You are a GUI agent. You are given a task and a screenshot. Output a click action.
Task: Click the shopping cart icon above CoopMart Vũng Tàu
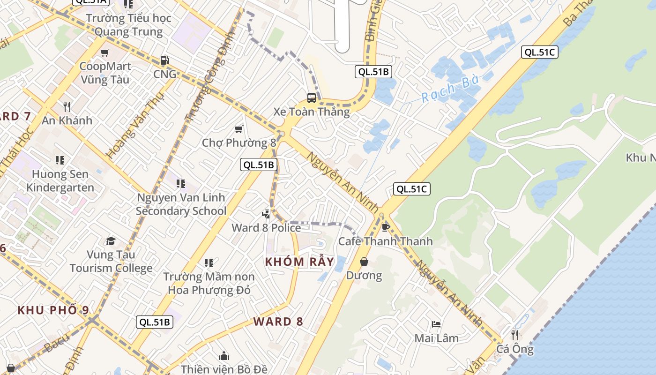[104, 52]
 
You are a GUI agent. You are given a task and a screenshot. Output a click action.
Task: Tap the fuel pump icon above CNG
[165, 60]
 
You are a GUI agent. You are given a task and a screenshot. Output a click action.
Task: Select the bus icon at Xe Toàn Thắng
[312, 98]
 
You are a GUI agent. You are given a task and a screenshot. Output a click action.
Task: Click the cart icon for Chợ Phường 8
[239, 129]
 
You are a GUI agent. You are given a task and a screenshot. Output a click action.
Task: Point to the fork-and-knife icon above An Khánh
[67, 107]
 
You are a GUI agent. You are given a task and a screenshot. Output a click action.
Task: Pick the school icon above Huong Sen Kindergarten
[60, 160]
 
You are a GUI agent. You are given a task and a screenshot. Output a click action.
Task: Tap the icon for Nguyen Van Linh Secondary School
[181, 183]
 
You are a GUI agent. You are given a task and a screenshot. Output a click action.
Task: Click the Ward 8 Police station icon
[266, 214]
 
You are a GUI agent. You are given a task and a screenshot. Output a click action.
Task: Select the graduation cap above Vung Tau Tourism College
[111, 241]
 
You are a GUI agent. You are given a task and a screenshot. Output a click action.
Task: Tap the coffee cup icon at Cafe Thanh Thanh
[386, 227]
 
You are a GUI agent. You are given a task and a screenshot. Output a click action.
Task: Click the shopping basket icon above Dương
[364, 262]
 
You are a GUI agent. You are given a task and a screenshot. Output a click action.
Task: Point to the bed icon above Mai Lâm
[436, 324]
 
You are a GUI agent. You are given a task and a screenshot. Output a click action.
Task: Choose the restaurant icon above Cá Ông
[515, 335]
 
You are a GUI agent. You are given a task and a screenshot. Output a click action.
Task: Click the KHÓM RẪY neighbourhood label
[300, 262]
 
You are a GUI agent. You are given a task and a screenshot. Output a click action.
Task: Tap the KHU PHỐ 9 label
[53, 310]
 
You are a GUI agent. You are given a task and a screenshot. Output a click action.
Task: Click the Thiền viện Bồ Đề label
[224, 369]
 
